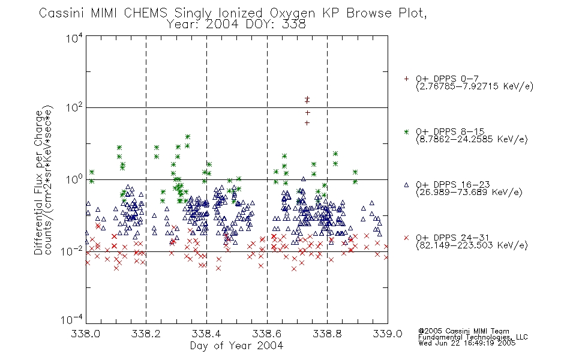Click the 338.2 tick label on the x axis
[146, 334]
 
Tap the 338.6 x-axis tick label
[267, 334]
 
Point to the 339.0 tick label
[388, 334]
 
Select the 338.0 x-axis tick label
[85, 334]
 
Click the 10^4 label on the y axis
[74, 38]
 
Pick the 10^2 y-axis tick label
[74, 107]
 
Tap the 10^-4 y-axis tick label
[72, 319]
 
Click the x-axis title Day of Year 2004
[236, 346]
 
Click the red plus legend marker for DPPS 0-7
[406, 79]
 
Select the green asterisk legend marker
[406, 132]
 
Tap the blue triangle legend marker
[406, 185]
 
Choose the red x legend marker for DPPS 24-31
[406, 238]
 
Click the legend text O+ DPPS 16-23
[453, 184]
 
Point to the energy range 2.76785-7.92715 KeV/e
[475, 86]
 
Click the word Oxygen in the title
[293, 13]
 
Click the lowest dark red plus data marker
[307, 123]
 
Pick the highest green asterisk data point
[188, 137]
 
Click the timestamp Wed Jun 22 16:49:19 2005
[467, 343]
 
